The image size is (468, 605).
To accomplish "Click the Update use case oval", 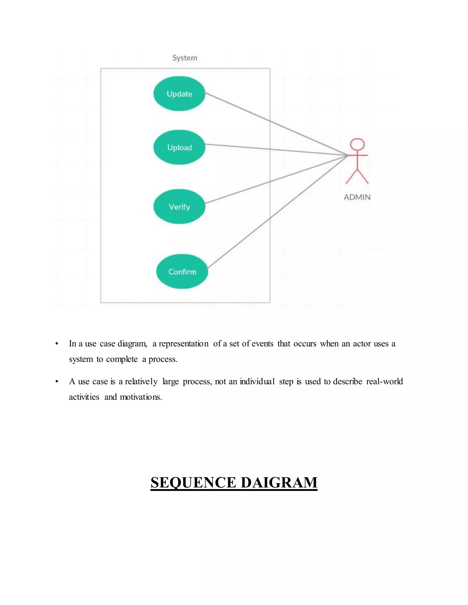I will click(x=179, y=94).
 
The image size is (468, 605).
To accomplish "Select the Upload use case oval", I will click(x=179, y=147).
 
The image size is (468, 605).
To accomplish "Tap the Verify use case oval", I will click(x=179, y=207).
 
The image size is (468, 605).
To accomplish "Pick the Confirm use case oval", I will click(x=182, y=271).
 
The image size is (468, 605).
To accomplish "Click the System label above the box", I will click(x=185, y=58).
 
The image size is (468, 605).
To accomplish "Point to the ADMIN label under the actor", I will click(x=357, y=197).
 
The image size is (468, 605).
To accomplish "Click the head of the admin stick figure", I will click(x=357, y=145).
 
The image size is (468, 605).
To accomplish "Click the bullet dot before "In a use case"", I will click(x=57, y=344).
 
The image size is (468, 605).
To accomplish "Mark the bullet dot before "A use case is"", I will click(x=57, y=382).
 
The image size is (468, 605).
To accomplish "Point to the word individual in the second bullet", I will click(x=257, y=381).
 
